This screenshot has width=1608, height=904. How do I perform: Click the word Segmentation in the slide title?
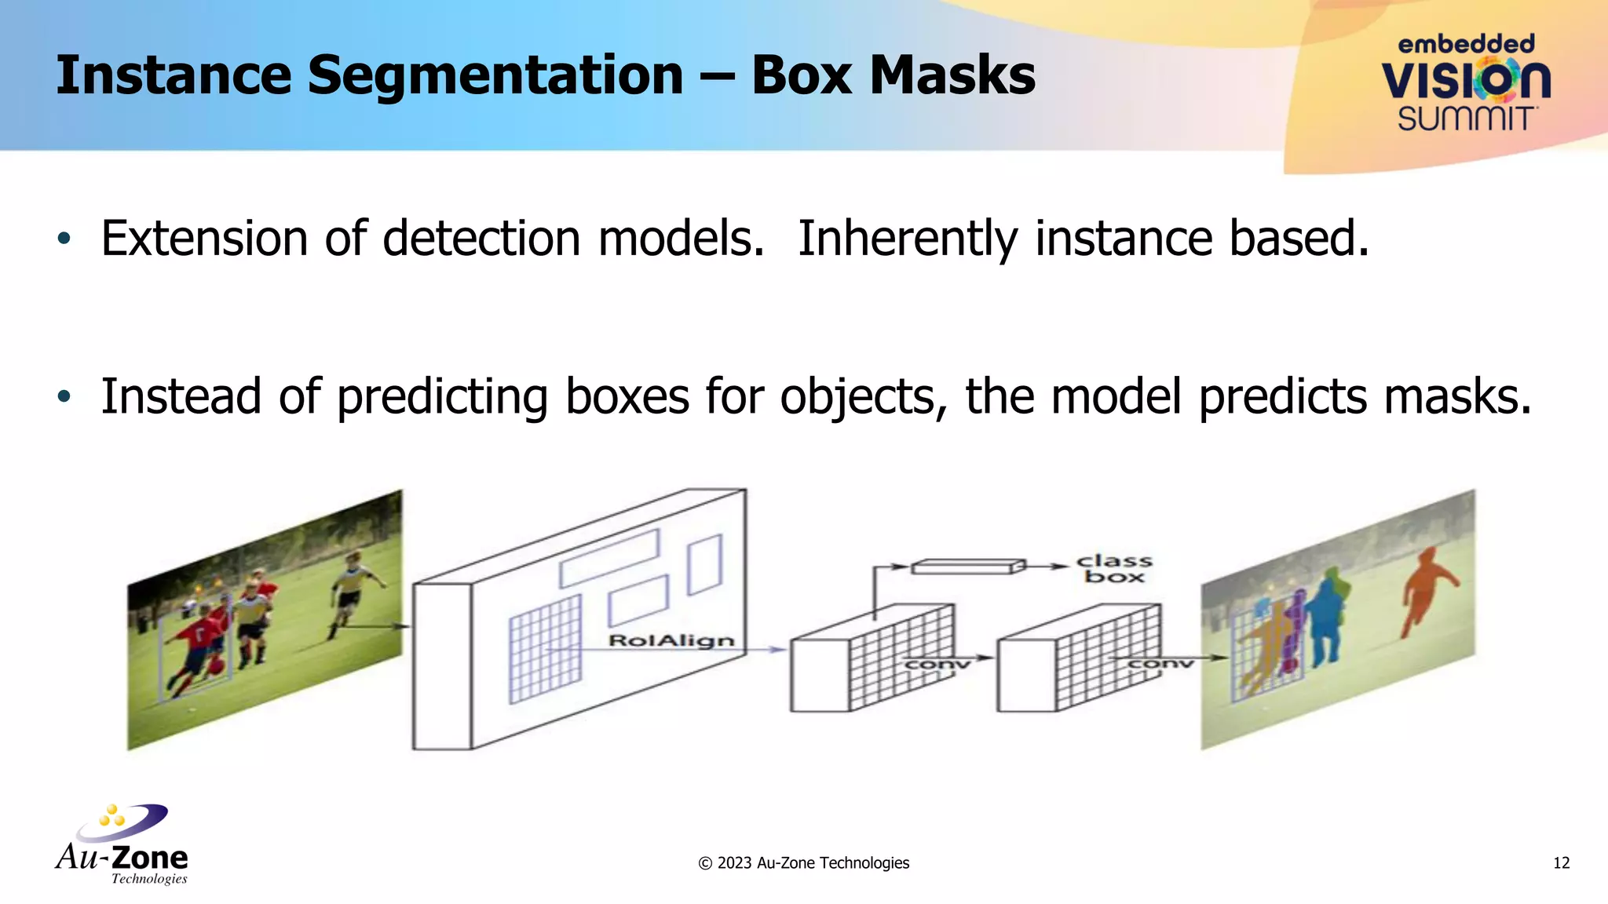[x=495, y=76]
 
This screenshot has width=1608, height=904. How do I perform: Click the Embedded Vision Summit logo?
[x=1466, y=82]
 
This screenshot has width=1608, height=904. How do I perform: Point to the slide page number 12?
[x=1561, y=863]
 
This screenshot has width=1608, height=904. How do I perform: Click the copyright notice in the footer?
[x=803, y=863]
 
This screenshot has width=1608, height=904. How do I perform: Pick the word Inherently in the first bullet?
[x=908, y=239]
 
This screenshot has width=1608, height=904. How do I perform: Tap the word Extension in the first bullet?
[x=204, y=239]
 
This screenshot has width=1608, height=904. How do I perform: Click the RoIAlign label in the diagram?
[x=671, y=641]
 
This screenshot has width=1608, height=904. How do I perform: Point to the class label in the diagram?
[x=1114, y=561]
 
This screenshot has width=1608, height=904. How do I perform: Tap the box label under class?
[x=1114, y=577]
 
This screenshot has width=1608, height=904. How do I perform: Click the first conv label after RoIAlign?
[x=937, y=665]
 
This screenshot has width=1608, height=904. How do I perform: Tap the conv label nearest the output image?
[x=1160, y=664]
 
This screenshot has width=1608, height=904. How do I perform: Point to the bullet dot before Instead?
[x=64, y=396]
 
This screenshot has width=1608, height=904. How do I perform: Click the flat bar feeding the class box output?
[x=968, y=566]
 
